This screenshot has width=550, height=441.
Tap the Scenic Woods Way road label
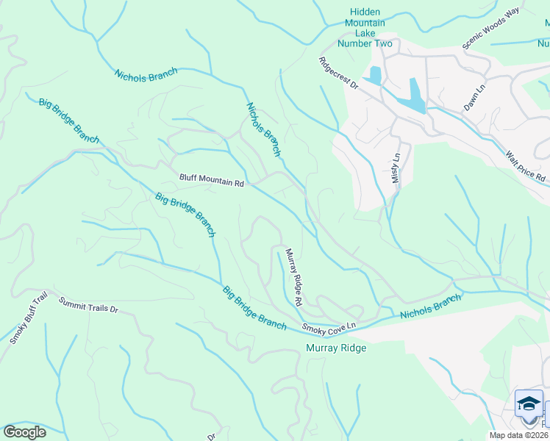(x=491, y=29)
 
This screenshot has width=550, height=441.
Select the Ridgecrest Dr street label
(x=338, y=73)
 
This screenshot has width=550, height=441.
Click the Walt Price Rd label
(x=525, y=168)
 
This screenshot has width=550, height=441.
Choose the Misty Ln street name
(x=396, y=168)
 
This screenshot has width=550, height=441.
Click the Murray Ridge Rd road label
(x=294, y=276)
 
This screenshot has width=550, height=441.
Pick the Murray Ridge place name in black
(x=336, y=348)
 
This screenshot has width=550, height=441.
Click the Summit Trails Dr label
(x=89, y=304)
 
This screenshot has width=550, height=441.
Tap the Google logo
(x=24, y=431)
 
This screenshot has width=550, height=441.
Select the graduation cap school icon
(x=528, y=404)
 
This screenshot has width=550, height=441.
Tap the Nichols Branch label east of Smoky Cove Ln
(x=431, y=306)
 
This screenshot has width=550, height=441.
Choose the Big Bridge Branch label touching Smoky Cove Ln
(x=254, y=307)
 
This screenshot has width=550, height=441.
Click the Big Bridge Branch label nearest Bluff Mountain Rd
(x=185, y=215)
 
